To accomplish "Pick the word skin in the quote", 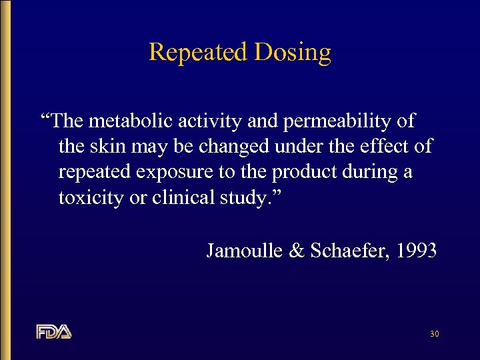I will pyautogui.click(x=110, y=146).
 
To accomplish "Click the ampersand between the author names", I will pyautogui.click(x=293, y=251).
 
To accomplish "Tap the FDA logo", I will pyautogui.click(x=54, y=331).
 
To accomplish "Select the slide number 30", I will pyautogui.click(x=434, y=333).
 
